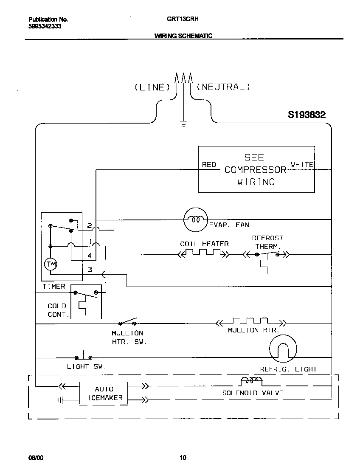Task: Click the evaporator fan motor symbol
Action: pos(195,220)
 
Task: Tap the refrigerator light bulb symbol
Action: pos(282,348)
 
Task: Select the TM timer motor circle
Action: pos(51,264)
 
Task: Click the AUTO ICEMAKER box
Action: pos(103,393)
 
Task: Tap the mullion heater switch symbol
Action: pos(128,322)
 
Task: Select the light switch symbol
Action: pos(84,356)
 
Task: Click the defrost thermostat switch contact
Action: pos(267,254)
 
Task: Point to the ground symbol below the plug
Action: pos(183,124)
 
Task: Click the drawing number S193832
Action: pos(307,115)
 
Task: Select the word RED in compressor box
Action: pos(209,164)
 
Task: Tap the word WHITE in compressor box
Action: pos(302,164)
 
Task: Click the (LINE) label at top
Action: pos(152,87)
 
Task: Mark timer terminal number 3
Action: pos(90,269)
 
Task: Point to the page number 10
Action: pos(183,457)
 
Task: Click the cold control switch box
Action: pos(86,302)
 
